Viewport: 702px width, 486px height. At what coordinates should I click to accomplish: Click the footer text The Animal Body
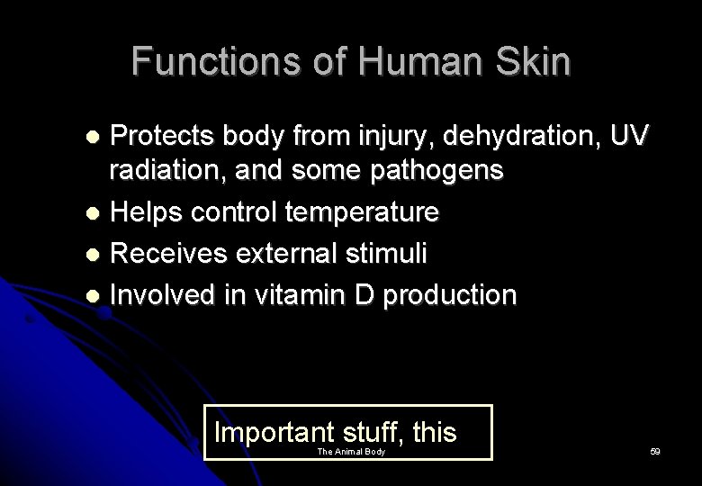click(x=351, y=452)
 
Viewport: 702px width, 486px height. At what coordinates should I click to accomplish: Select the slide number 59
click(x=654, y=452)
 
